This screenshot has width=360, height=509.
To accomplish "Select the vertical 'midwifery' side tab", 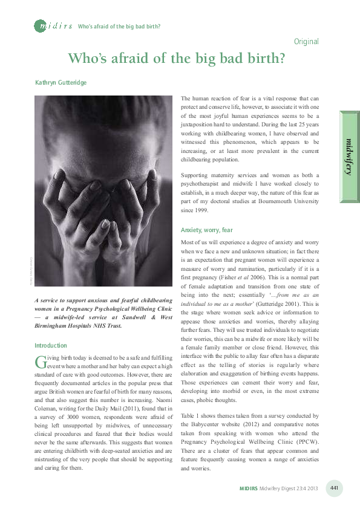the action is click(x=349, y=157).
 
